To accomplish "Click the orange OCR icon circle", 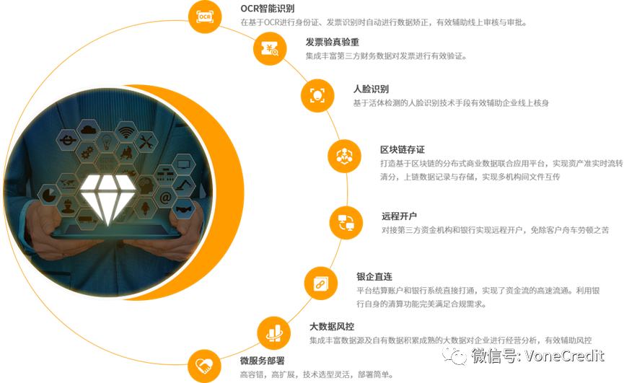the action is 205,17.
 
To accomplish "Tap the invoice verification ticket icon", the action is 270,49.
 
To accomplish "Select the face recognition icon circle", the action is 317,95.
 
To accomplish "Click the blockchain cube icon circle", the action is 344,156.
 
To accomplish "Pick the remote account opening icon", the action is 346,223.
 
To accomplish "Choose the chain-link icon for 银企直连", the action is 321,283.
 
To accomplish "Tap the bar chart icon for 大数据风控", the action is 274,333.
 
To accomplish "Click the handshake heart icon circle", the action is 205,366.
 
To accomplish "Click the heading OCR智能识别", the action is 268,9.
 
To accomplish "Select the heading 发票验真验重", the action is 333,42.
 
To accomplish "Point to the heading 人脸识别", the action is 371,89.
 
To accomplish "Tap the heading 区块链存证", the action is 403,149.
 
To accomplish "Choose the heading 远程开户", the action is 399,216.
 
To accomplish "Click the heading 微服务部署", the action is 263,361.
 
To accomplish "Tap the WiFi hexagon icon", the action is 126,132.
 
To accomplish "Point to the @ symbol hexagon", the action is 165,197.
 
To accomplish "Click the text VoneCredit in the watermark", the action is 564,355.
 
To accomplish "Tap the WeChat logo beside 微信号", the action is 454,355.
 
